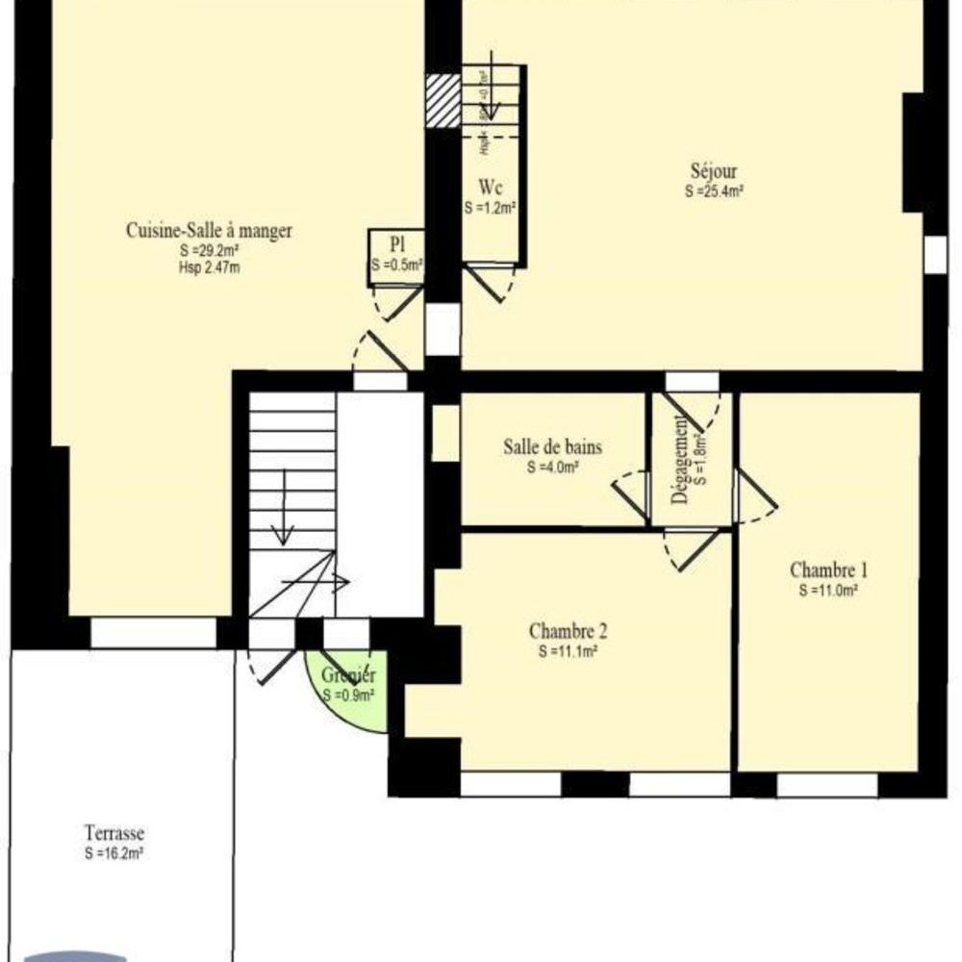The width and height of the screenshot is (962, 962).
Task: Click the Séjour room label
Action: click(714, 173)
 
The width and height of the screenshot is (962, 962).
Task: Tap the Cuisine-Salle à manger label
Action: click(209, 231)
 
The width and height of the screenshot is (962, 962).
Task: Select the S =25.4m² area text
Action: click(714, 190)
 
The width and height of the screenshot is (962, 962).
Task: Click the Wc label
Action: click(491, 190)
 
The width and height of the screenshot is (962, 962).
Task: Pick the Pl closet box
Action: click(395, 257)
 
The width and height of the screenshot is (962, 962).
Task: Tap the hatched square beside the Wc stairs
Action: click(443, 100)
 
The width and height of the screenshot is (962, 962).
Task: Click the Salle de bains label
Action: click(552, 447)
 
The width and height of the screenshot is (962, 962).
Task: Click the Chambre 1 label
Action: click(828, 568)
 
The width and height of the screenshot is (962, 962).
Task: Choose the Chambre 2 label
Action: click(568, 632)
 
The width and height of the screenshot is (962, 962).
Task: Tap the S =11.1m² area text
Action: click(568, 650)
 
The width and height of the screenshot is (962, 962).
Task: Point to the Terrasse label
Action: click(114, 834)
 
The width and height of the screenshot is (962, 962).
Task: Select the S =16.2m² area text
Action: click(114, 852)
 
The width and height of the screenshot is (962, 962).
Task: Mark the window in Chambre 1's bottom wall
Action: click(827, 784)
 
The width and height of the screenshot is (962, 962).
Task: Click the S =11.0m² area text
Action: click(828, 590)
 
